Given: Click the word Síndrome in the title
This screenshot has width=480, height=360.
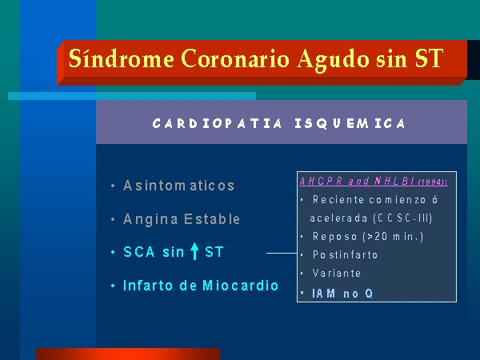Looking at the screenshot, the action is [122, 58].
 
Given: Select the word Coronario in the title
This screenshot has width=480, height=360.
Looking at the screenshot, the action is [235, 58].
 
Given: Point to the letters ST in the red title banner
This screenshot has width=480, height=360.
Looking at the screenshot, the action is [429, 58].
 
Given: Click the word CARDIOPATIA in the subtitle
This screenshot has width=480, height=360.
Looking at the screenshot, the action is [217, 124].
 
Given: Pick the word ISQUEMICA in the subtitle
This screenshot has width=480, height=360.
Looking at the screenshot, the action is [350, 124].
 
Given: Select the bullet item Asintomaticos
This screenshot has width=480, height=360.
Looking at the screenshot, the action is [178, 186].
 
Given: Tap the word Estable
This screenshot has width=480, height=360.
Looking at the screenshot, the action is [212, 219].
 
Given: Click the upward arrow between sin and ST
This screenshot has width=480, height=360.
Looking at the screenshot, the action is [194, 251].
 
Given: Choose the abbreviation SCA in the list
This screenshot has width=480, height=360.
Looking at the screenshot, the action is [139, 252].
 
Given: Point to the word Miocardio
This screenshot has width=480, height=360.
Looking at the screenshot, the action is [241, 286].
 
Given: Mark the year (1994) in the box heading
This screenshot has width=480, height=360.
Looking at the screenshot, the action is [433, 182].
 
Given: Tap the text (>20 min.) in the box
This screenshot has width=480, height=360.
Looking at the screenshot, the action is [393, 236].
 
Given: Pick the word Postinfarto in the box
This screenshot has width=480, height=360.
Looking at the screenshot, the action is [345, 254].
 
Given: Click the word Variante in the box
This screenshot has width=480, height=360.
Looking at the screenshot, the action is [337, 273].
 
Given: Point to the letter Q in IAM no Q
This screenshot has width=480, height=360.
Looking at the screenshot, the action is [369, 294].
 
